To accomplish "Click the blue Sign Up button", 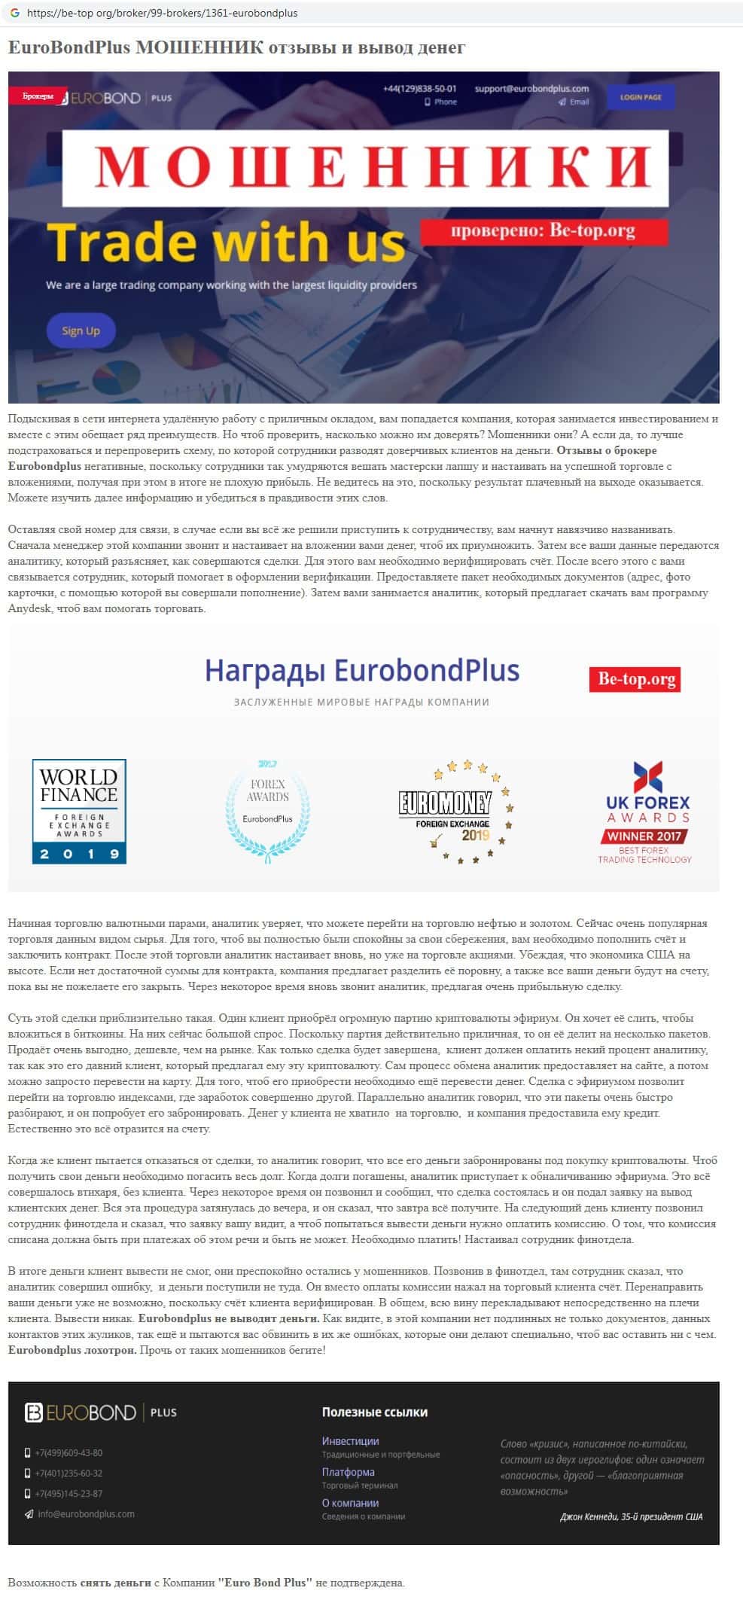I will [81, 331].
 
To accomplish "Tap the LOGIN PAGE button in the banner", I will [641, 97].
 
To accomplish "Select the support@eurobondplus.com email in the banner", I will [531, 88].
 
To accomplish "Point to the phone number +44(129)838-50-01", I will [419, 88].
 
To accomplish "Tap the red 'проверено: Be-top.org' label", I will [543, 230].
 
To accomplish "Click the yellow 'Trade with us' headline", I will [226, 242].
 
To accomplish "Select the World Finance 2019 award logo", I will [79, 811].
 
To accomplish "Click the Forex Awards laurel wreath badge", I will [267, 810].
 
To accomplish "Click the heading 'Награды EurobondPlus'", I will [362, 670].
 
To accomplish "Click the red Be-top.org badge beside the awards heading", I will [635, 678].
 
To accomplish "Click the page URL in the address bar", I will [162, 13].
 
